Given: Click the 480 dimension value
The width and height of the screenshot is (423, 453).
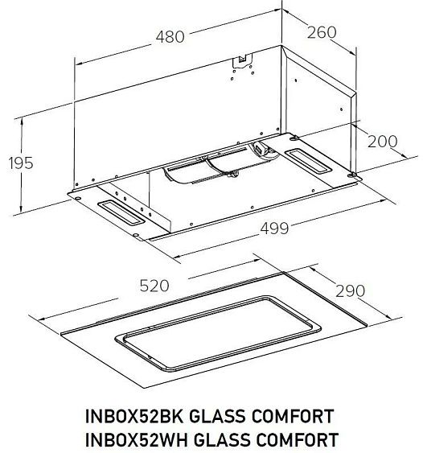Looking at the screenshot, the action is coord(170,37).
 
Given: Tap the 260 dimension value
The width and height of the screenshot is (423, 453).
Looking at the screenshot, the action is coord(322,32).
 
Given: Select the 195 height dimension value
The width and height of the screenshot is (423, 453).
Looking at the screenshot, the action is coord(21,163).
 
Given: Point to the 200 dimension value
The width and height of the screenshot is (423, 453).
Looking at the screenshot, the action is coord(382,142).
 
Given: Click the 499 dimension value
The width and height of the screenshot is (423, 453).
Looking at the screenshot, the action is coord(274,229).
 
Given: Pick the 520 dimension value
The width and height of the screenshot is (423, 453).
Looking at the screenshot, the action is coord(154,286).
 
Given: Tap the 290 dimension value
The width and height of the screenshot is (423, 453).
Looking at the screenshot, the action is coord(350,290).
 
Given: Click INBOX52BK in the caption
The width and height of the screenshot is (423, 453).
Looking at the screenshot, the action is coord(134,416).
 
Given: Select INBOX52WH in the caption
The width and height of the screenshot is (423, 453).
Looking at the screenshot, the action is coord(137,439).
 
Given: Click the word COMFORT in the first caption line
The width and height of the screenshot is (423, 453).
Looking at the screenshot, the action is coord(293,416).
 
